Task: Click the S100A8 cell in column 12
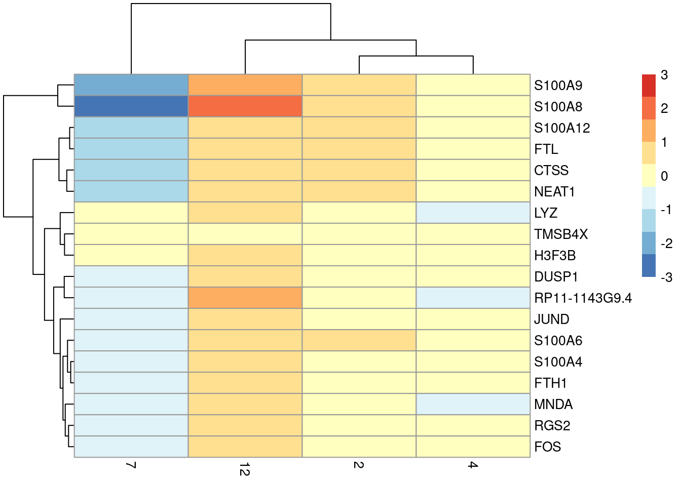pos(245,106)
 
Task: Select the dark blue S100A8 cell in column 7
pos(131,106)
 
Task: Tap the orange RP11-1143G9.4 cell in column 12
pos(245,298)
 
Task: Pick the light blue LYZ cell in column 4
pos(473,213)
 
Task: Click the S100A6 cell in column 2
pos(359,340)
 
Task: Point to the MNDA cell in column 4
pos(473,404)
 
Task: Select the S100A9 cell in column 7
pos(131,85)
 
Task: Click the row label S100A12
pos(562,128)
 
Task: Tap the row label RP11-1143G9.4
pos(583,298)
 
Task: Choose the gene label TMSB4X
pos(561,234)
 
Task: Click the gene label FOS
pos(547,447)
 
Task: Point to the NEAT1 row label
pos(554,192)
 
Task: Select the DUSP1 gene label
pos(556,277)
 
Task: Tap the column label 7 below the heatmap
pos(131,465)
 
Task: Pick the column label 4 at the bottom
pos(473,465)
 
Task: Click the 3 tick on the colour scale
pos(664,75)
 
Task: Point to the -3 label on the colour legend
pos(666,277)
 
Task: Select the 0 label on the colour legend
pos(664,176)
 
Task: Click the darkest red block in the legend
pos(649,86)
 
